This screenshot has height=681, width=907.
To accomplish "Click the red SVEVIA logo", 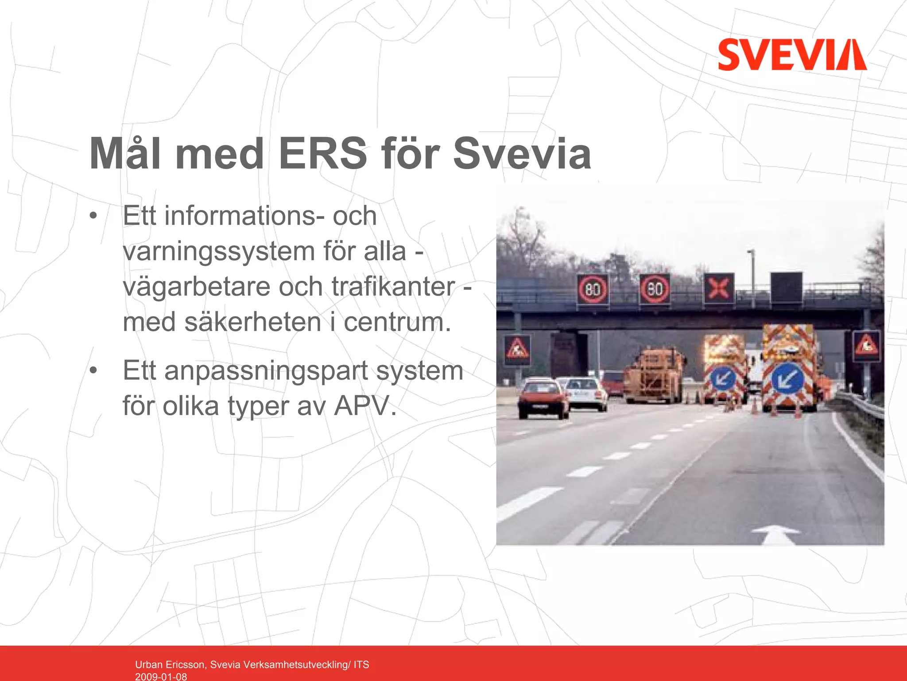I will click(x=792, y=54).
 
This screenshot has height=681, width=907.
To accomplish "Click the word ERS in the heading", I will click(x=323, y=154).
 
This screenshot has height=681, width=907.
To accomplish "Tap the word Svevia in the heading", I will click(x=522, y=154).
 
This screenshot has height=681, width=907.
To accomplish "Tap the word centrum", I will click(x=397, y=322).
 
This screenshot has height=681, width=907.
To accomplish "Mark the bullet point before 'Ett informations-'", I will click(x=93, y=216).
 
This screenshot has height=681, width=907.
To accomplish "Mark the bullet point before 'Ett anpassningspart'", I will click(x=93, y=370).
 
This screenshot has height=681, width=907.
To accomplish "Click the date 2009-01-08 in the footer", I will click(x=161, y=676).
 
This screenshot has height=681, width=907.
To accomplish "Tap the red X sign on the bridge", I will click(x=718, y=288).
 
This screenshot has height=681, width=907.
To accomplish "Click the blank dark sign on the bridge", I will click(x=786, y=287).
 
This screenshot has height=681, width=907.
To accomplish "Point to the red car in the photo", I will click(x=543, y=398).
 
